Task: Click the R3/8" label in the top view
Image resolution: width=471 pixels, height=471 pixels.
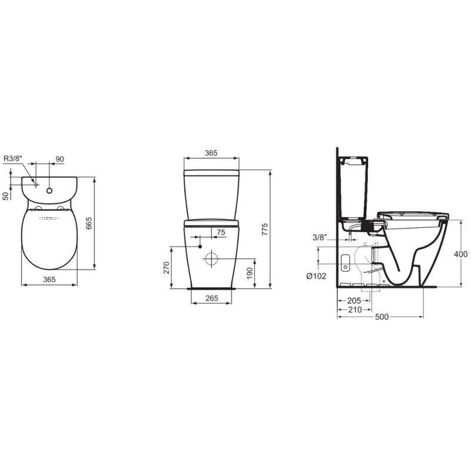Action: [13, 158]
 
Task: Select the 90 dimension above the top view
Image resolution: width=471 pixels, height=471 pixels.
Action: [60, 159]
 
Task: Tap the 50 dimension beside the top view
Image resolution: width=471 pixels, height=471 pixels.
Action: [6, 196]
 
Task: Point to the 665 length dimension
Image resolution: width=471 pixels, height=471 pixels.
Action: [89, 223]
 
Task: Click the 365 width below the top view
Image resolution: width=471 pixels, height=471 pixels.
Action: [49, 279]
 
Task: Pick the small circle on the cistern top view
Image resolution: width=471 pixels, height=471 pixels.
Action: [49, 190]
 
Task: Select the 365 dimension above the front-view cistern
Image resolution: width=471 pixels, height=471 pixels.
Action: [211, 153]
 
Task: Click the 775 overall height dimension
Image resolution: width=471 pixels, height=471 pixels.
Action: [264, 229]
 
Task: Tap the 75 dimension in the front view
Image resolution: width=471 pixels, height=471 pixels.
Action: [221, 232]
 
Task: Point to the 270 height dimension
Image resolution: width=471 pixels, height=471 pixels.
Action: [167, 268]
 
